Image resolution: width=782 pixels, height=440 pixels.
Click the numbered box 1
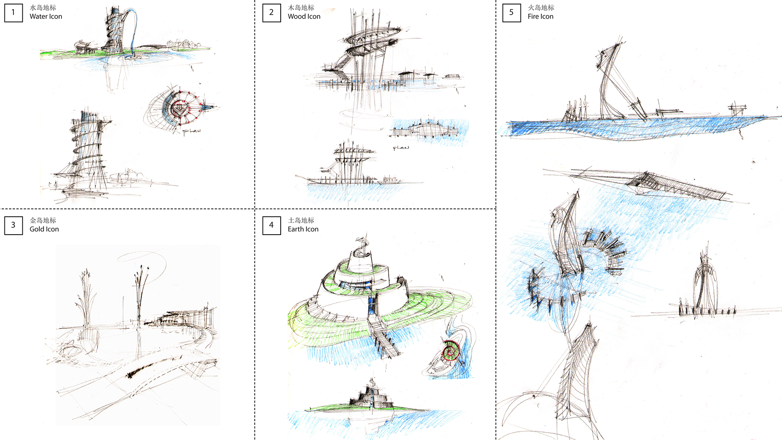click(13, 12)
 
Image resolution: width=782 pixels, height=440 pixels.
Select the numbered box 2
click(272, 12)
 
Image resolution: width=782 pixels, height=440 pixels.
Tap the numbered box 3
click(13, 225)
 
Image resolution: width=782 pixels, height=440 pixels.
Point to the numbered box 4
click(272, 225)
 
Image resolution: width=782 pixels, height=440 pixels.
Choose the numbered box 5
click(512, 12)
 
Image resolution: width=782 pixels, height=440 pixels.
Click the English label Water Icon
click(46, 17)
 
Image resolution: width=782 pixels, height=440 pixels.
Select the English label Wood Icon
click(304, 17)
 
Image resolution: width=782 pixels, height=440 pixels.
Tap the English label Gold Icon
click(44, 229)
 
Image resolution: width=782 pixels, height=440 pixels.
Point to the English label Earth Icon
click(303, 229)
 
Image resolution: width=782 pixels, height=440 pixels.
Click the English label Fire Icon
click(540, 17)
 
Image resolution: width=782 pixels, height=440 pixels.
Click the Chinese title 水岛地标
click(43, 8)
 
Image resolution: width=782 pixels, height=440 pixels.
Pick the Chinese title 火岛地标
click(541, 8)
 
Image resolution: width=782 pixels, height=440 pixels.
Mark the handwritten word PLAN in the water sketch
click(191, 132)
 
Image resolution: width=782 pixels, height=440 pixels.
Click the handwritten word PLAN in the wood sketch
click(401, 148)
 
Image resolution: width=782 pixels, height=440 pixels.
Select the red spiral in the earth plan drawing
click(451, 351)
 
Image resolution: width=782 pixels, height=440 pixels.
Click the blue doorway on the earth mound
click(372, 305)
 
